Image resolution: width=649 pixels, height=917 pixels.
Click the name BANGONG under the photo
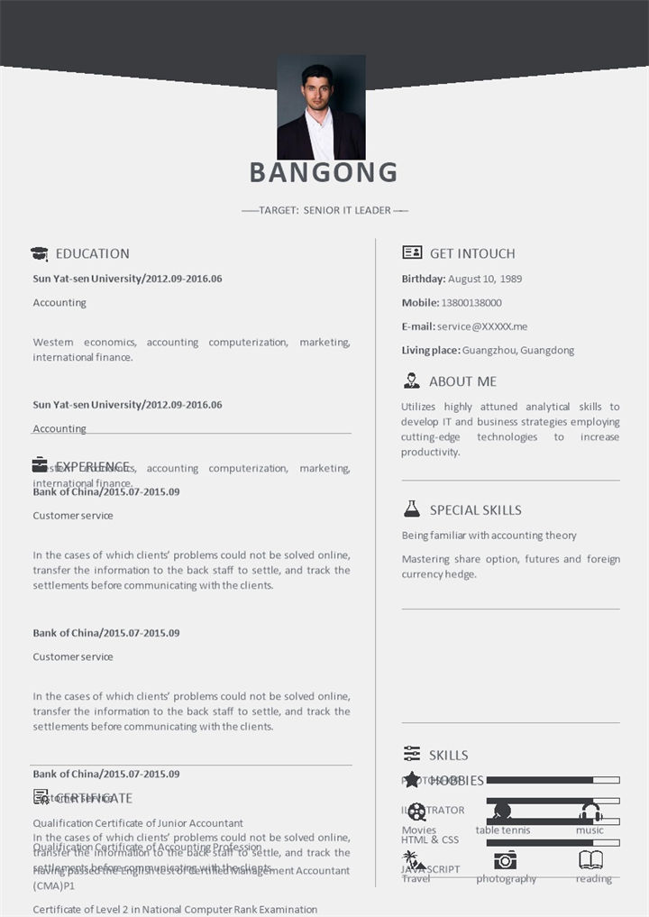point(323,171)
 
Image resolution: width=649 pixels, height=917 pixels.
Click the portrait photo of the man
point(321,107)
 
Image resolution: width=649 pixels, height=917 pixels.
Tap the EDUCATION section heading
point(92,253)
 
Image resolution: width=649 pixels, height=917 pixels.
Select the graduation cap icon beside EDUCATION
point(40,254)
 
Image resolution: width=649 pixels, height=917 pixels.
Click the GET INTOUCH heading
point(472,253)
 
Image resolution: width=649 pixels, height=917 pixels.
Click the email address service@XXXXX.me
point(482,326)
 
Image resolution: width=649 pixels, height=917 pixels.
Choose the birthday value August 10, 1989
point(485,279)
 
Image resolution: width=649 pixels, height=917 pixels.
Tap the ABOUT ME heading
point(462,381)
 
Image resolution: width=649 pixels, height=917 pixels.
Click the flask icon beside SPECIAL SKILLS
point(412,509)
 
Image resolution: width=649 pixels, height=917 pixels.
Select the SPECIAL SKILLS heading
point(475,509)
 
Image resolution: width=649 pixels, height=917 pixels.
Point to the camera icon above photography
point(506,859)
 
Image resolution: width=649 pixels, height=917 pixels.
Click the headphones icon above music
point(590,812)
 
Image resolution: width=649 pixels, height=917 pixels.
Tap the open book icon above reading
point(590,859)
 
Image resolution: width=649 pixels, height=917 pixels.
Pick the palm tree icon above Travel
point(414,860)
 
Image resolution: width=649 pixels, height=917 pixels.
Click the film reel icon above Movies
point(416,812)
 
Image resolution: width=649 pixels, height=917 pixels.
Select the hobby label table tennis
point(503,830)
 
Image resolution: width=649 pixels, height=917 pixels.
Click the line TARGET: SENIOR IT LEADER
point(324,210)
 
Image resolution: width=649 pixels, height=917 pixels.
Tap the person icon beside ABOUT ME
point(412,381)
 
